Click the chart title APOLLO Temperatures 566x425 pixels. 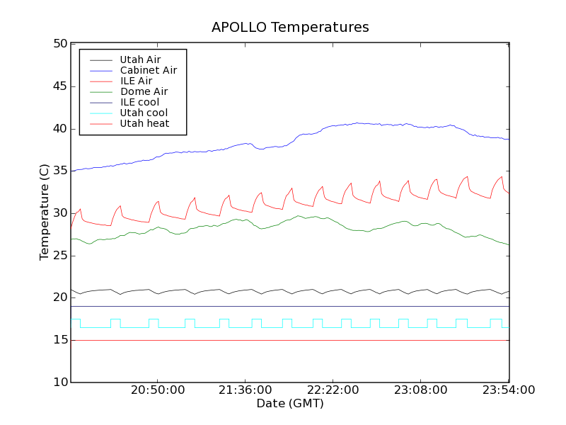pos(290,28)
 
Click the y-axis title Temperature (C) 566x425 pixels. pos(45,212)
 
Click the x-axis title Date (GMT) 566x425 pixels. pos(290,403)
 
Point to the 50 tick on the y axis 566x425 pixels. pos(59,44)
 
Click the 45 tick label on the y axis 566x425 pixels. pos(59,86)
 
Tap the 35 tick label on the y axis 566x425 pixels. pos(59,171)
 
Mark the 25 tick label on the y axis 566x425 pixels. pos(59,255)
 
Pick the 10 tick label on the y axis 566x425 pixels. pos(59,382)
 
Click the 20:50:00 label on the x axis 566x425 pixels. pos(157,390)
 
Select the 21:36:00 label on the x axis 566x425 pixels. pos(245,390)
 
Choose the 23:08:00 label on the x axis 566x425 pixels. pos(420,390)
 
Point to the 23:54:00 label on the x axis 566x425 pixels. pos(507,390)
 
